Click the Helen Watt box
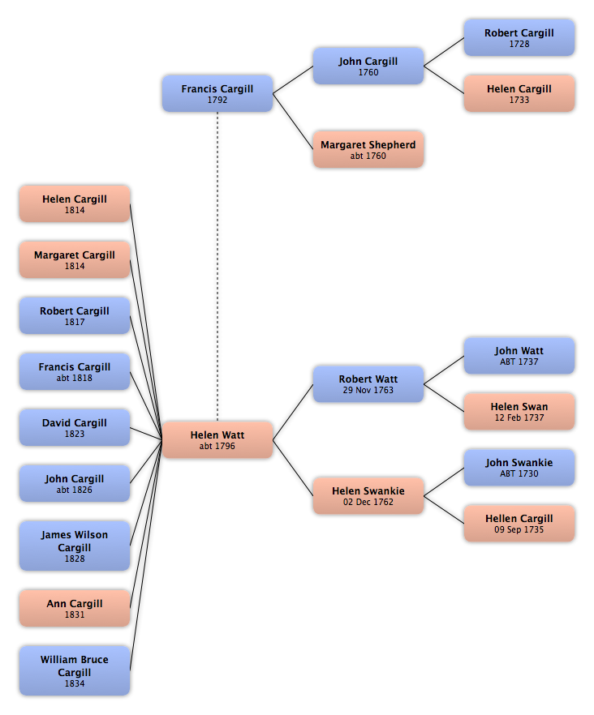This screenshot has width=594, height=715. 217,440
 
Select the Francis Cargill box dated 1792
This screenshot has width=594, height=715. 217,93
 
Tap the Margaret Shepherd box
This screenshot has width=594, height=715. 368,149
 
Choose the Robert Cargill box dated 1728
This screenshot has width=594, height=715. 519,38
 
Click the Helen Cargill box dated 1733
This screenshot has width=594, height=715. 519,93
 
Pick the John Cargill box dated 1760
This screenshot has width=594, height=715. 368,66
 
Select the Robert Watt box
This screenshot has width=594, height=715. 368,384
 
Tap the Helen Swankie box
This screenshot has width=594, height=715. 368,495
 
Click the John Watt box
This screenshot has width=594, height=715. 519,356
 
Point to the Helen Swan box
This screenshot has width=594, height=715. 519,412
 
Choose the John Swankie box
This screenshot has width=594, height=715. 519,468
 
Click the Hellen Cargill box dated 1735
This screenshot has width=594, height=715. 519,524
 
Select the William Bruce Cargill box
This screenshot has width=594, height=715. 75,670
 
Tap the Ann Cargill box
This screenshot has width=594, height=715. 75,608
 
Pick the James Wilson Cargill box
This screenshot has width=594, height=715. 75,546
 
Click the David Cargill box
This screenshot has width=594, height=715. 75,427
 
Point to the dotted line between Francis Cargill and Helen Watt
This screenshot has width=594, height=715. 217,267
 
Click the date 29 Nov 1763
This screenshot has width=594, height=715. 368,390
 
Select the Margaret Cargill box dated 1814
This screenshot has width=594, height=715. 75,259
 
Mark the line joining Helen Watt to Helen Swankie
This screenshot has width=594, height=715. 293,468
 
